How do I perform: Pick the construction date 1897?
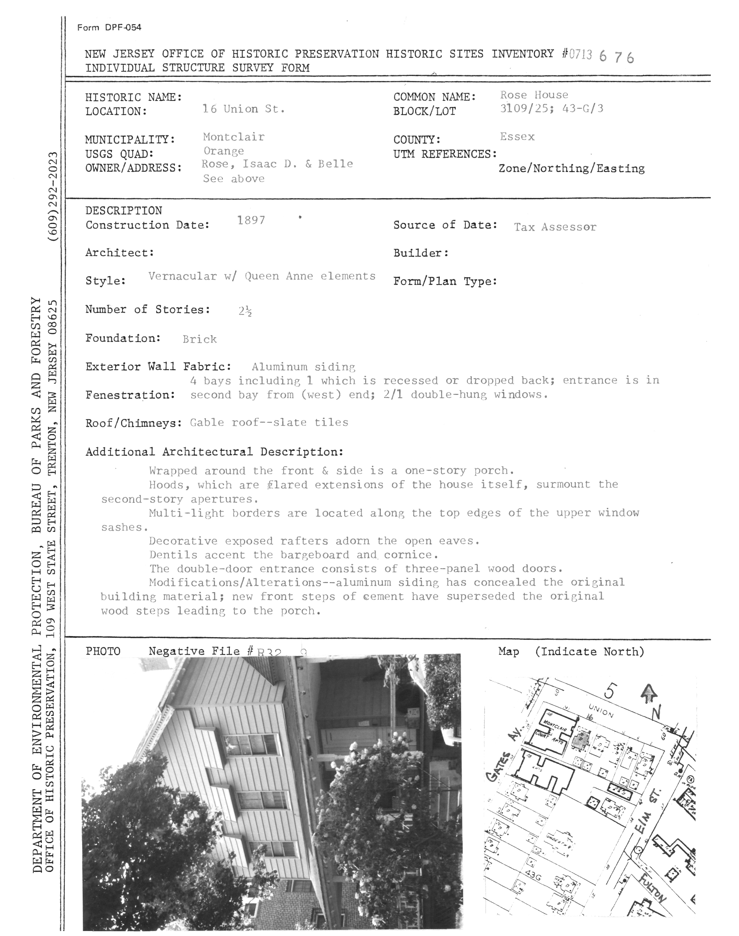(x=251, y=220)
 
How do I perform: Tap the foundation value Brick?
(x=200, y=339)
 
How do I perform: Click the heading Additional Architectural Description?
(x=214, y=452)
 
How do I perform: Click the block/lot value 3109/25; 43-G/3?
(x=551, y=109)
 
